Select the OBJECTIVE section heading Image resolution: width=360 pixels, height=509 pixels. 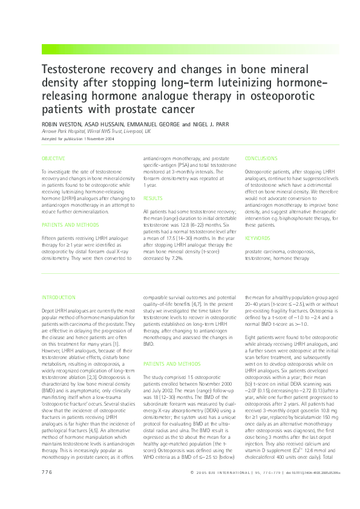click(x=53, y=158)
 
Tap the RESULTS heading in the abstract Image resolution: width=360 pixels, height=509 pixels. click(x=152, y=198)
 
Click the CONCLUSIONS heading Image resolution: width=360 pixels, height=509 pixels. click(x=261, y=158)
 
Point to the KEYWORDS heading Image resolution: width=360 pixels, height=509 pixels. click(x=258, y=238)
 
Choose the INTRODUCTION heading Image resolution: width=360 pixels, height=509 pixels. click(x=59, y=297)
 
